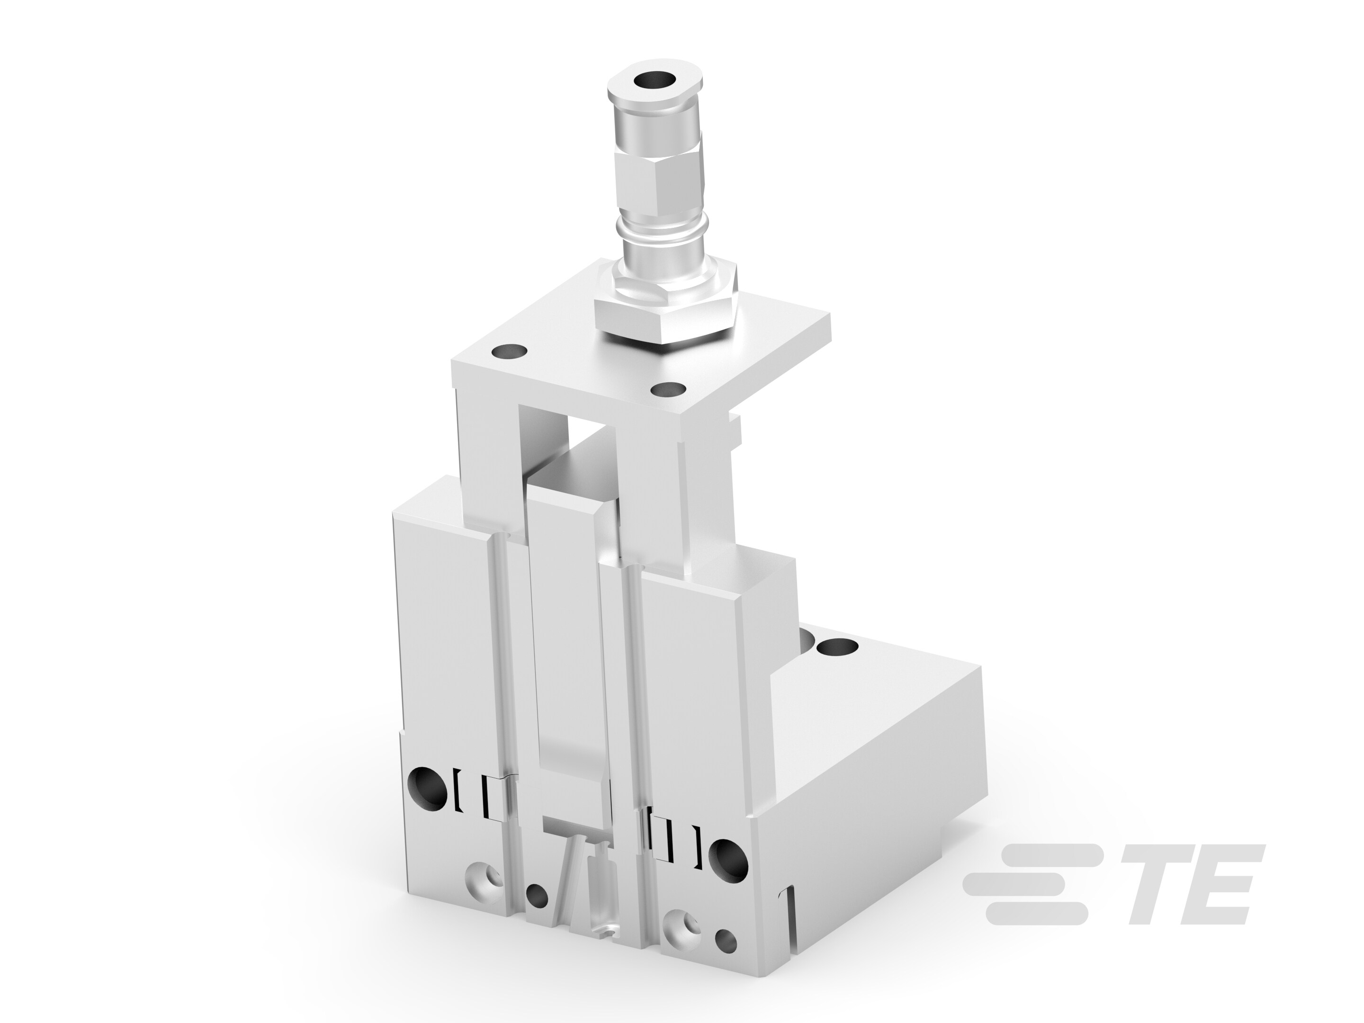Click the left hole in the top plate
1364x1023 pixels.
pyautogui.click(x=509, y=353)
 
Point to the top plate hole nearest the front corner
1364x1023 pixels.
pyautogui.click(x=668, y=390)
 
